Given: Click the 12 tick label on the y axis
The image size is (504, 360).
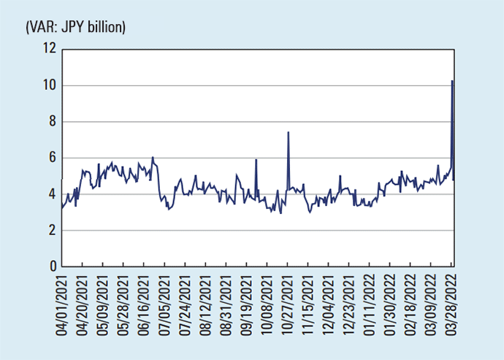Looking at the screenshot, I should pyautogui.click(x=50, y=49).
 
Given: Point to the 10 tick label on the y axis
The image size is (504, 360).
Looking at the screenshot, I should pyautogui.click(x=50, y=85).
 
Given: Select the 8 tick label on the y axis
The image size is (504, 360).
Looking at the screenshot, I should pyautogui.click(x=51, y=122).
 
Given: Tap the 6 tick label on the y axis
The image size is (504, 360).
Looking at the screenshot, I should pyautogui.click(x=51, y=158).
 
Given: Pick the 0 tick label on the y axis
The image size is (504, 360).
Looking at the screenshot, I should pyautogui.click(x=51, y=267).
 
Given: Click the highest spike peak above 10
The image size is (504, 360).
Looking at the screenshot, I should pyautogui.click(x=453, y=81).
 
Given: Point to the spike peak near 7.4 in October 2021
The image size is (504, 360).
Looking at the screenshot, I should pyautogui.click(x=289, y=133).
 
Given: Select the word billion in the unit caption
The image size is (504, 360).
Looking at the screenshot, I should pyautogui.click(x=109, y=27).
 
